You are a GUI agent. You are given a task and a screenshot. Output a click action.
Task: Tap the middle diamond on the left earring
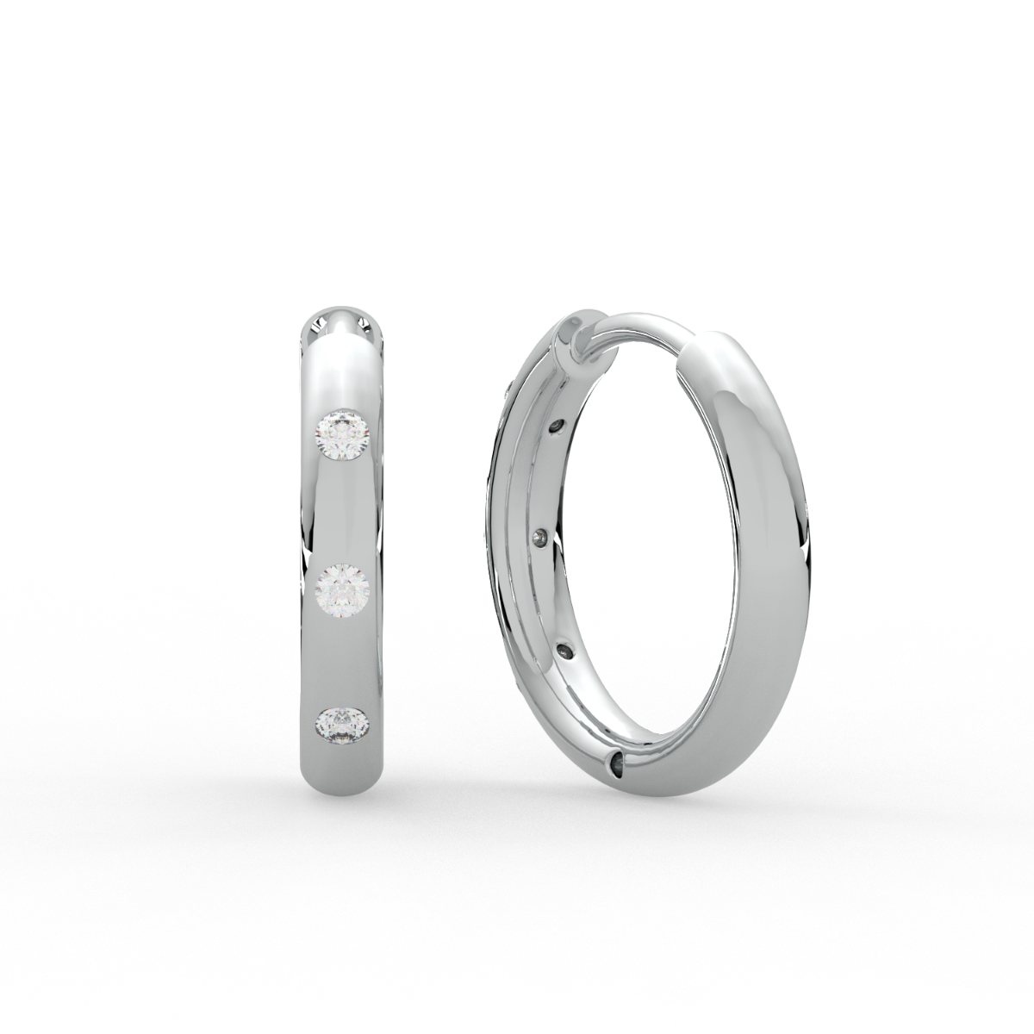[344, 590]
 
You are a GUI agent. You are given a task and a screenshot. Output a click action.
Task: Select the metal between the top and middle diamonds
[344, 513]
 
